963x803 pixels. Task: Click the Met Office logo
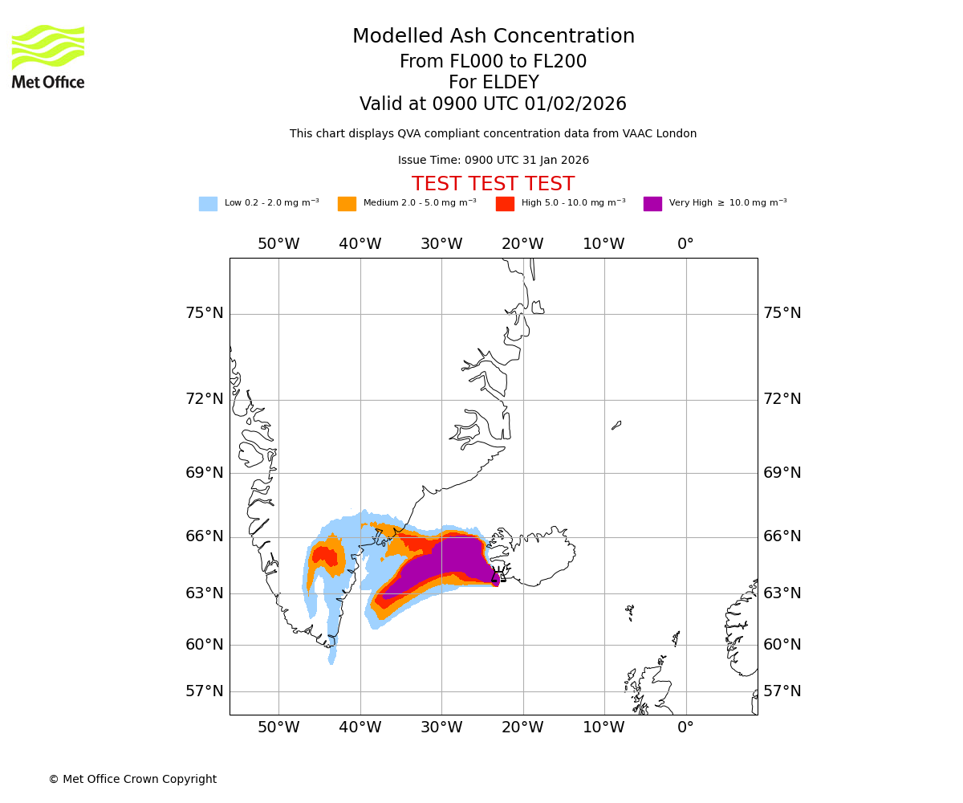pos(48,56)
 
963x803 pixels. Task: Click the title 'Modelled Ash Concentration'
pos(494,36)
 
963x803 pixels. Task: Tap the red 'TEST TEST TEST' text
pos(493,184)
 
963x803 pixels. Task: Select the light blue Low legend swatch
pos(208,203)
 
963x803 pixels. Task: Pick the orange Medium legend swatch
pos(347,203)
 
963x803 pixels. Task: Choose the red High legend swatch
pos(505,203)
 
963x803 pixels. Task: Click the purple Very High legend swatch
pos(652,203)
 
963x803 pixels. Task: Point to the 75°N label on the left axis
pos(205,313)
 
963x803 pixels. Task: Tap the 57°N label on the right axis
pos(782,691)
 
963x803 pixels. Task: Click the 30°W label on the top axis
pos(441,244)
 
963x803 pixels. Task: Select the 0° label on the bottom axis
pos(685,728)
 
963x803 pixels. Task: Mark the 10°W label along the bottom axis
pos(603,728)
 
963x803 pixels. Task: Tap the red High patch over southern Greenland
pos(325,556)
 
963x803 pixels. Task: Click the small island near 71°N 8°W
pos(616,425)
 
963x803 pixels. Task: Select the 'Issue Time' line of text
pos(493,161)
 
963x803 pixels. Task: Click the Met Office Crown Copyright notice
pos(132,779)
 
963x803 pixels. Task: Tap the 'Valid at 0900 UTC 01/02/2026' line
pos(493,104)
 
